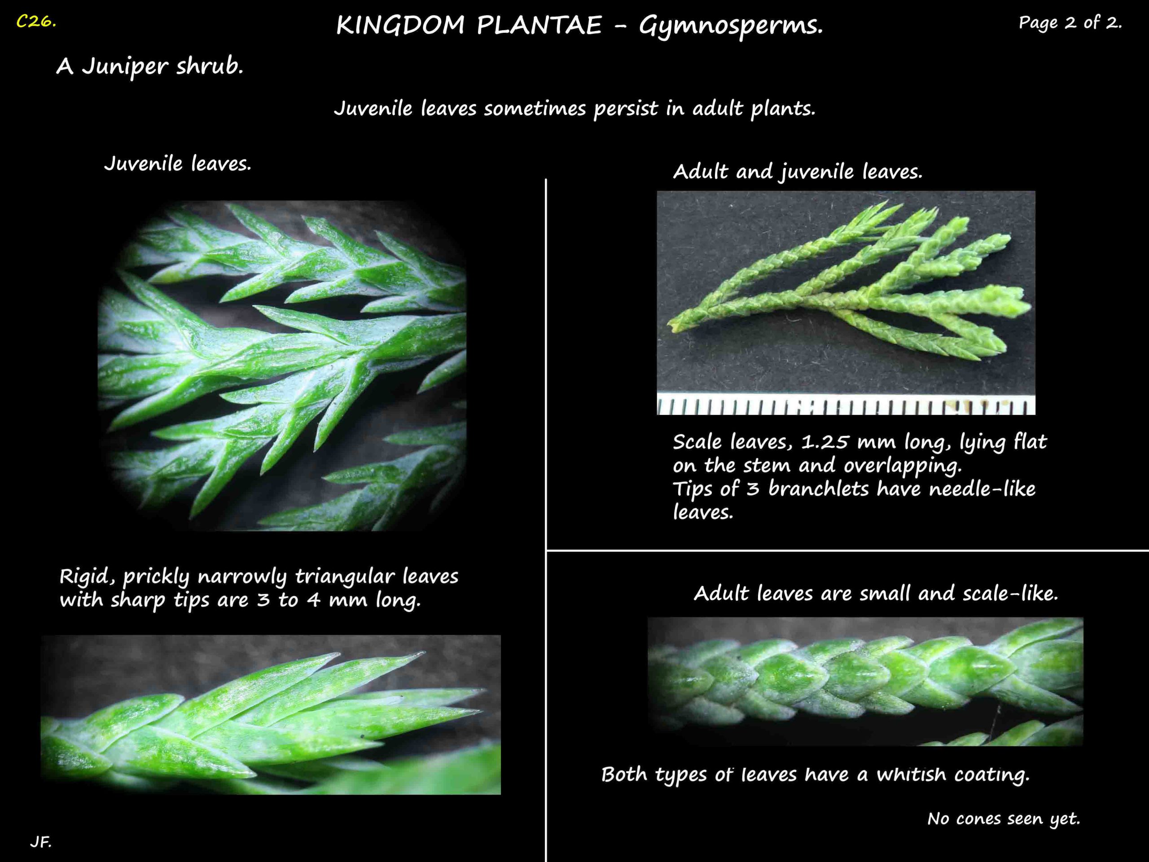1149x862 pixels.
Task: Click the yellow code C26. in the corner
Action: pos(36,22)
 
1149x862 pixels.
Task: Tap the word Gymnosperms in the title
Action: pos(730,26)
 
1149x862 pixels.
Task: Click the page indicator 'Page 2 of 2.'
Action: pos(1070,23)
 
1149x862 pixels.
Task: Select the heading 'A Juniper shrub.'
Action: pos(149,66)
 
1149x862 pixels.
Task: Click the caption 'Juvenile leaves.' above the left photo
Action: pos(178,164)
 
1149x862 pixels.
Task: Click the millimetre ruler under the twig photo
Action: pos(846,405)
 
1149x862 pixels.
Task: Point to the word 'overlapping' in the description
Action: pos(902,466)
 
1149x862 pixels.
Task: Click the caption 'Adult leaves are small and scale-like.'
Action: pos(876,594)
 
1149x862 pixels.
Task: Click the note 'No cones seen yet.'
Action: pos(1004,819)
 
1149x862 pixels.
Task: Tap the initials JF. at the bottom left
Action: pos(40,842)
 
